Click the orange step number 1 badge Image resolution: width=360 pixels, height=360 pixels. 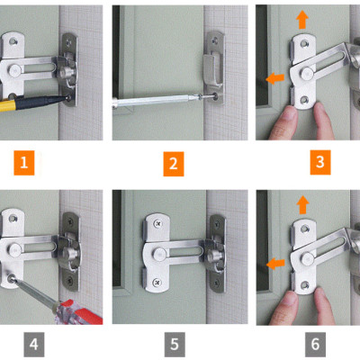pyautogui.click(x=24, y=163)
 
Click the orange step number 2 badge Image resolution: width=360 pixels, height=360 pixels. pyautogui.click(x=174, y=164)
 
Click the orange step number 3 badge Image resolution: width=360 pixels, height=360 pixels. pyautogui.click(x=320, y=162)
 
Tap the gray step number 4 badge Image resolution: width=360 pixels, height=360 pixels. pyautogui.click(x=34, y=345)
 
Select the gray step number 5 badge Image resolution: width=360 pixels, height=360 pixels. pyautogui.click(x=175, y=345)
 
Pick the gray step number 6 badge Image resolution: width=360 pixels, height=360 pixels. pyautogui.click(x=315, y=345)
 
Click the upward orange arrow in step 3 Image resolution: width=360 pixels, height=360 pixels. pyautogui.click(x=302, y=20)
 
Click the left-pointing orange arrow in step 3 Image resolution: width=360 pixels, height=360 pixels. pyautogui.click(x=275, y=79)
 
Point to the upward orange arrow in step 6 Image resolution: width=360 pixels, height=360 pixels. pyautogui.click(x=302, y=204)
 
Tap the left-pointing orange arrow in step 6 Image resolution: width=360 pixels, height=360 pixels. pyautogui.click(x=275, y=264)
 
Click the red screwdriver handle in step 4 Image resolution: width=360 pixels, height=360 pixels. pyautogui.click(x=78, y=312)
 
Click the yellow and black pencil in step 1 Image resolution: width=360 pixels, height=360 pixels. pyautogui.click(x=34, y=103)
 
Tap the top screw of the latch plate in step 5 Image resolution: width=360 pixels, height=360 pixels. pyautogui.click(x=157, y=223)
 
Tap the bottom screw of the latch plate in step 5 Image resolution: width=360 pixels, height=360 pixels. pyautogui.click(x=157, y=282)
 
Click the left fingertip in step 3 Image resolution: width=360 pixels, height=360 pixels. pyautogui.click(x=284, y=121)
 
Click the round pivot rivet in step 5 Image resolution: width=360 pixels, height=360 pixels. pyautogui.click(x=159, y=254)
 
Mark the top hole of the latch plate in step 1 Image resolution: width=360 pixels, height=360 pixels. pyautogui.click(x=13, y=41)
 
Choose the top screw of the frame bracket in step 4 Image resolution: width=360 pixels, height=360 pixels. pyautogui.click(x=70, y=222)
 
